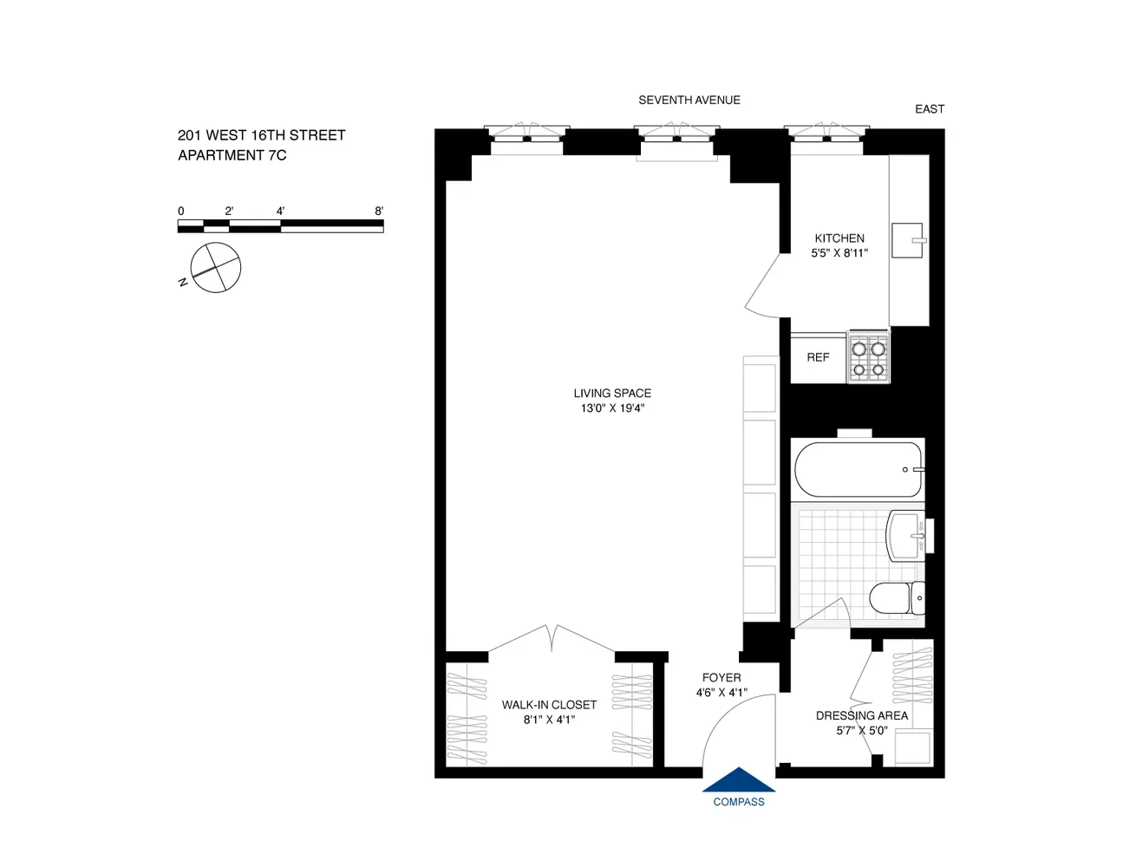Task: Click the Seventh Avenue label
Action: pos(689,100)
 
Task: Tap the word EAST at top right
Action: pos(930,108)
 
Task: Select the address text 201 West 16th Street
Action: pos(261,135)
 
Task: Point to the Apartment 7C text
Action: pos(232,155)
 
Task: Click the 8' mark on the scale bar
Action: pos(379,211)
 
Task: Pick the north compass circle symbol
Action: pos(215,267)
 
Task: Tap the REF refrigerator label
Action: pos(818,357)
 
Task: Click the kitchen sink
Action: pos(907,240)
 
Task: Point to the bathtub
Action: pos(859,469)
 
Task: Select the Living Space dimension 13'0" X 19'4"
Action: pos(612,408)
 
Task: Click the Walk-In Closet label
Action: pos(549,705)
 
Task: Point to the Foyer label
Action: pos(721,678)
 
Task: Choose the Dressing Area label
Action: pos(862,715)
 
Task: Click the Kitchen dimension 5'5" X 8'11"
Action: pos(839,253)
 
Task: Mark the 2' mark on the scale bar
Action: pos(229,211)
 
